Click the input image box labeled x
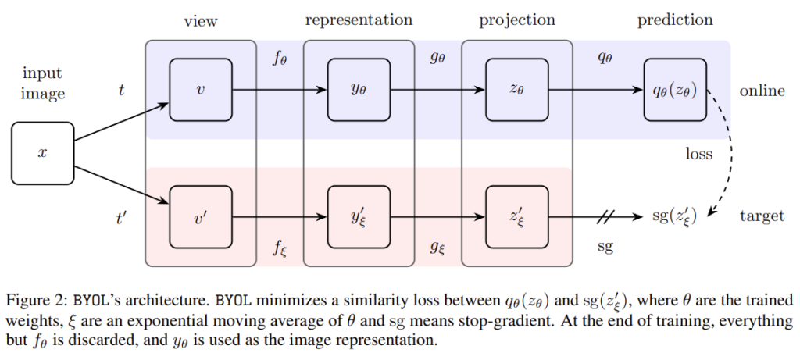[43, 153]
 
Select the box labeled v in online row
[201, 91]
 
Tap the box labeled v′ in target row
[201, 216]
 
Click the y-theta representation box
[359, 91]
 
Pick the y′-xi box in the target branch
[359, 216]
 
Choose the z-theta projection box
[516, 91]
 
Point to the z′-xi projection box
[516, 216]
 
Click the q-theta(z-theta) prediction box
[675, 91]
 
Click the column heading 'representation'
[359, 20]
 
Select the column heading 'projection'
[517, 20]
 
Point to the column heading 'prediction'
[675, 20]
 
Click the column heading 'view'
[201, 21]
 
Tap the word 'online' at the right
[762, 91]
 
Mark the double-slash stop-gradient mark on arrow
[607, 216]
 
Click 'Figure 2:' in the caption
[35, 300]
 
